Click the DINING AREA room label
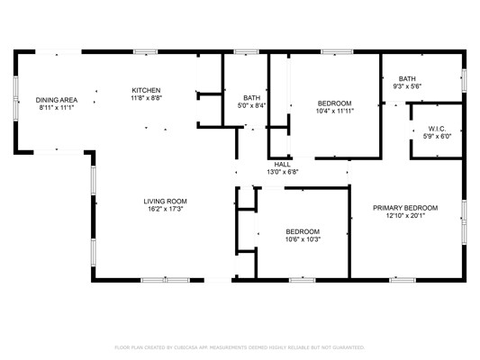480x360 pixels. click(57, 100)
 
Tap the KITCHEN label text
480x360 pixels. click(146, 90)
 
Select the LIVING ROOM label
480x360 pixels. click(166, 202)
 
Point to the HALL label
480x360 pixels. click(282, 164)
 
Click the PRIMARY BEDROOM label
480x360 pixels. click(405, 208)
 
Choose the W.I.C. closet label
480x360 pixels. click(437, 129)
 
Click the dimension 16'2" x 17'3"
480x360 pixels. click(166, 209)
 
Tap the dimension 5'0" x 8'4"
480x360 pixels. click(251, 105)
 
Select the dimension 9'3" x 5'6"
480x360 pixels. click(407, 86)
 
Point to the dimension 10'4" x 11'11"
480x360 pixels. click(335, 111)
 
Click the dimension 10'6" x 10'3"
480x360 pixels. click(303, 239)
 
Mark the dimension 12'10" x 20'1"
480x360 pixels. click(405, 216)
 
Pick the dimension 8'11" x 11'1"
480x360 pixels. click(57, 108)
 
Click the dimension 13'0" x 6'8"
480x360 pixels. click(282, 172)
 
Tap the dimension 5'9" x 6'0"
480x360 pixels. click(437, 137)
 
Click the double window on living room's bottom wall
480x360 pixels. click(166, 280)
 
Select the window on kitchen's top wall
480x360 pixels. click(145, 51)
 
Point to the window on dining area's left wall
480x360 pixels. click(16, 98)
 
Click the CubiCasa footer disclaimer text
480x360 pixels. click(240, 347)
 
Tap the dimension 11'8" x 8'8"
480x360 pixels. click(146, 98)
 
